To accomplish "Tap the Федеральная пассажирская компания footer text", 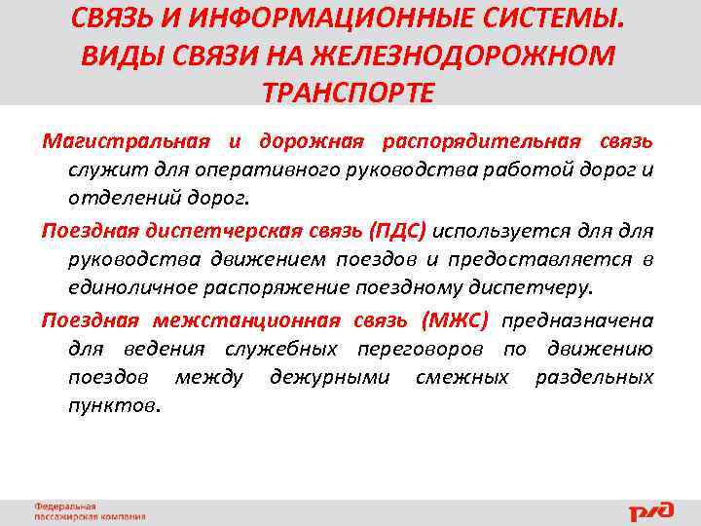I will (x=90, y=511).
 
